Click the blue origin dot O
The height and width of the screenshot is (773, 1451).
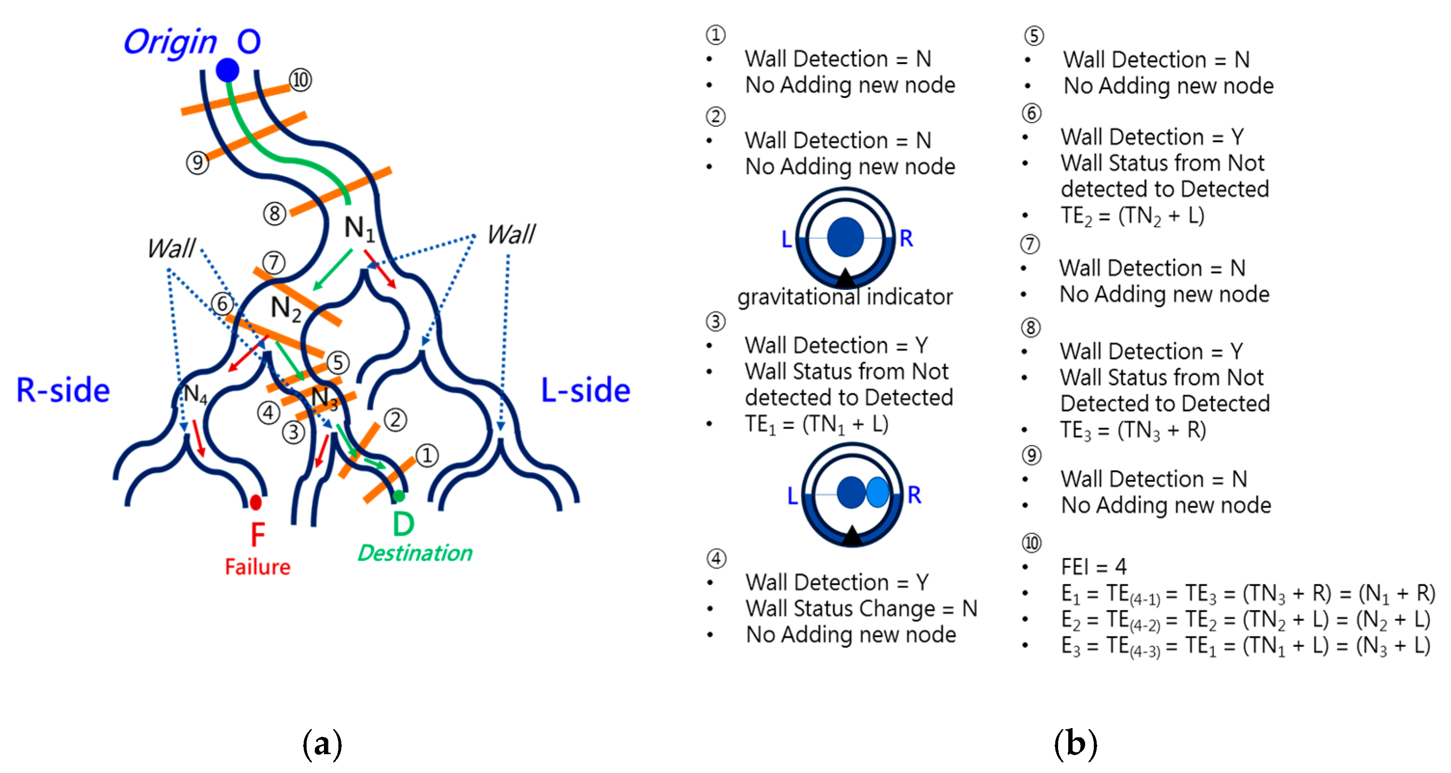coord(228,70)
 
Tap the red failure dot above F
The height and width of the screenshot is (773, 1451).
coord(255,502)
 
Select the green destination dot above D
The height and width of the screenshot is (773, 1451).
coord(399,496)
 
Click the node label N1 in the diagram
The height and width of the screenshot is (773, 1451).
coord(359,229)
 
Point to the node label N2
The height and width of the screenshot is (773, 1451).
coord(285,309)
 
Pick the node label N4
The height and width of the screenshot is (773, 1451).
coord(195,394)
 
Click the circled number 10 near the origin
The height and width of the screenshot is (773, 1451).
coord(300,80)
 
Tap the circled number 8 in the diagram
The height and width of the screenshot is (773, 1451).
coord(275,214)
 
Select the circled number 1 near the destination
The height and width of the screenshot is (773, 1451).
coord(427,455)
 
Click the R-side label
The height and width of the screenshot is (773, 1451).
coord(63,390)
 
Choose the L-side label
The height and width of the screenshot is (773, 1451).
coord(585,390)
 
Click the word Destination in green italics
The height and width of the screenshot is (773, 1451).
coord(415,553)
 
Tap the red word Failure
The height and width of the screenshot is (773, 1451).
coord(257,567)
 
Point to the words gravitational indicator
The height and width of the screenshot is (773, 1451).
coord(845,297)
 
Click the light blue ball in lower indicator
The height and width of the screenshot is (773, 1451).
coord(877,492)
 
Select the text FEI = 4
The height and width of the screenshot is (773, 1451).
coord(1093,567)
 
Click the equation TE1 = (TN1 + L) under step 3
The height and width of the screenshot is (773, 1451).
coord(816,424)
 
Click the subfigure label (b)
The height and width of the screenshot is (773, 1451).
coord(1075,744)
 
